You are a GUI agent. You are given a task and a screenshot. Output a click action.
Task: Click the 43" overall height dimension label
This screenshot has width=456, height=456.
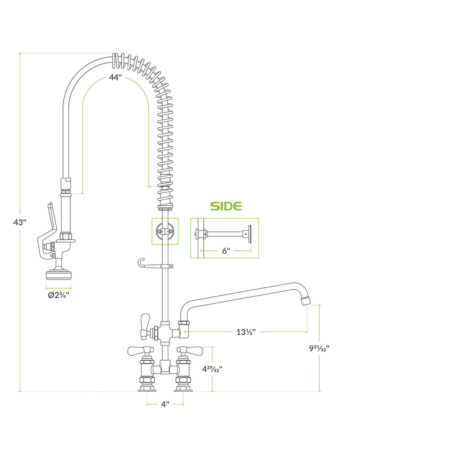pos(20,222)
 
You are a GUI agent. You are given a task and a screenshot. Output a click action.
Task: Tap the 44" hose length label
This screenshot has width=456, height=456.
pos(115,78)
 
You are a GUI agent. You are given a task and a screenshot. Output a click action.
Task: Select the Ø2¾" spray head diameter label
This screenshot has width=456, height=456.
pos(58,295)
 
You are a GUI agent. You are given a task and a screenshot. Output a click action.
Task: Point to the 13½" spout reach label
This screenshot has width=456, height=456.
pos(246,332)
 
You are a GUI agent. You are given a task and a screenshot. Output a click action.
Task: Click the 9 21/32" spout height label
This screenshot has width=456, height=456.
pos(319,348)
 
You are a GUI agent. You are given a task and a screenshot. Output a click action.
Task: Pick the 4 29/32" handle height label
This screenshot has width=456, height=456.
pos(212,369)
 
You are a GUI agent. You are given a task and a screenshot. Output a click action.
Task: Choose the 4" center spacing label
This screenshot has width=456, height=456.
pos(165,404)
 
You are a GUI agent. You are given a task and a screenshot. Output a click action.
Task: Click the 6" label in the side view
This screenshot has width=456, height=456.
pos(226,251)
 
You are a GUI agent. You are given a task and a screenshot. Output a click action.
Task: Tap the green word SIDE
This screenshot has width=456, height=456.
pos(226,206)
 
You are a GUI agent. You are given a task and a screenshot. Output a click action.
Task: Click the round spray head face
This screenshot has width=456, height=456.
pos(58,275)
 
